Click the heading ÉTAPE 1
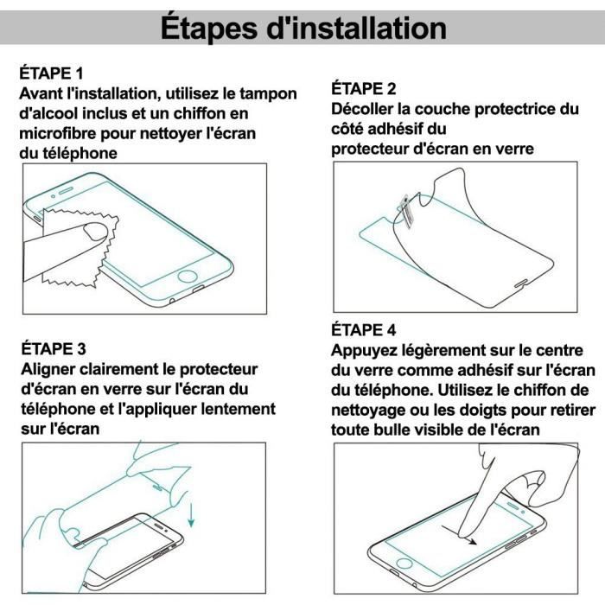[53, 73]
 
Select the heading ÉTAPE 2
[365, 89]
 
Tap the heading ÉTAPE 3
[53, 349]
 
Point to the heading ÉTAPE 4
[365, 330]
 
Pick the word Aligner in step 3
[49, 369]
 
